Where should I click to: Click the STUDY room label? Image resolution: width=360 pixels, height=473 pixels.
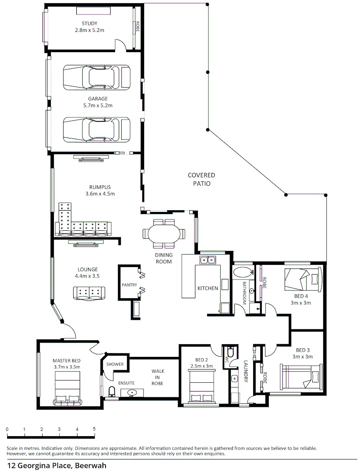tap(90, 23)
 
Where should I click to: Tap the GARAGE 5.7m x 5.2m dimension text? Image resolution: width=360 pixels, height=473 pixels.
tap(98, 105)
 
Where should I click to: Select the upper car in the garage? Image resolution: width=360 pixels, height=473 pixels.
tap(96, 77)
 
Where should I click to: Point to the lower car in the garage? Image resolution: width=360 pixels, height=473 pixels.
tap(96, 130)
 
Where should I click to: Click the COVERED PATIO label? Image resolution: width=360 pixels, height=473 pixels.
tap(201, 179)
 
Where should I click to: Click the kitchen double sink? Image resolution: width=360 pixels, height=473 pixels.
tap(207, 259)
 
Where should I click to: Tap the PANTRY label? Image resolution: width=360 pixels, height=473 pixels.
tap(129, 285)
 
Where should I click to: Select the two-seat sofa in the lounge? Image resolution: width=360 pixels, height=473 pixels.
tap(89, 293)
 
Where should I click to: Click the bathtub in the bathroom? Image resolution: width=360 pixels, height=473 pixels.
tap(243, 272)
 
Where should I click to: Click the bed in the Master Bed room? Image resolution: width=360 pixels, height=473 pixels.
tap(67, 388)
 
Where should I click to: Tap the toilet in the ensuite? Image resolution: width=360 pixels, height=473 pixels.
tap(112, 392)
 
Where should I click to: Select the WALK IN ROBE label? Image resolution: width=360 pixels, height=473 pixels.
tap(158, 377)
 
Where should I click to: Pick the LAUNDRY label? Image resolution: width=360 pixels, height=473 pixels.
tap(246, 371)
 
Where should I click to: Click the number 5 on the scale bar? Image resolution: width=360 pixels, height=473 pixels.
tap(94, 429)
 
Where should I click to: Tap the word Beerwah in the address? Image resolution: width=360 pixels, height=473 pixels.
tap(91, 466)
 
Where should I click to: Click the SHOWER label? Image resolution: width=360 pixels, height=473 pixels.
tap(115, 364)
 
